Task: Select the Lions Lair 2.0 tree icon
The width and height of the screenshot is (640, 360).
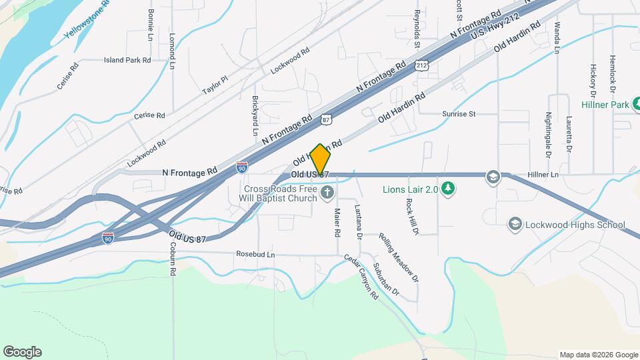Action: coord(449,189)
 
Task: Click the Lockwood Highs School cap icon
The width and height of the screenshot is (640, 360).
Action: coord(515,224)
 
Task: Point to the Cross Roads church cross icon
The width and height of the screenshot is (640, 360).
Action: coord(327,193)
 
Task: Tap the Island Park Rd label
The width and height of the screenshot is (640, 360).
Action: coord(127,60)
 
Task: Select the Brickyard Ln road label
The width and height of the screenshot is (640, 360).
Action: coord(255,115)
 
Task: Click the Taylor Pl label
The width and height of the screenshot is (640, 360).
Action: coord(215,85)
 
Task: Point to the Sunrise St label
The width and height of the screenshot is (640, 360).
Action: coord(459,114)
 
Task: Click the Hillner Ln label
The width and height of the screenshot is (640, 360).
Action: coord(542,175)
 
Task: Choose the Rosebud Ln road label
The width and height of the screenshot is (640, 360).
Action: coord(255,254)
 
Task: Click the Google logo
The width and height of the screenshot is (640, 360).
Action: coord(22,352)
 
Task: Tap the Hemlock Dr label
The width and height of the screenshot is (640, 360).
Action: coord(611,74)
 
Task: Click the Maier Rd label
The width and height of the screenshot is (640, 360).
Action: coord(337,223)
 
